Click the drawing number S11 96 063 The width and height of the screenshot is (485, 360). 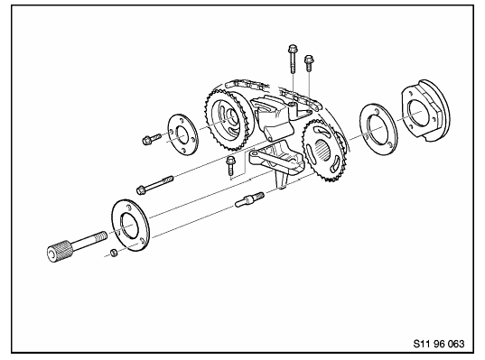439,344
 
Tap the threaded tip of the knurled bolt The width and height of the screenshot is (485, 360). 102,235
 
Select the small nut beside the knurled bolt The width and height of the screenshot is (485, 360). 114,253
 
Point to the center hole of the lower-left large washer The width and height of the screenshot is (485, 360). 130,226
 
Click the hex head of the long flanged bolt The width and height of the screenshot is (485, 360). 140,189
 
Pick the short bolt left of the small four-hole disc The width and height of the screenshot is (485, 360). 152,139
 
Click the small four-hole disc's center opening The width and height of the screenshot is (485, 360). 182,134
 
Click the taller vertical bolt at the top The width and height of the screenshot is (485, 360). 293,59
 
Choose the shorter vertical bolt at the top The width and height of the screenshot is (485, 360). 309,63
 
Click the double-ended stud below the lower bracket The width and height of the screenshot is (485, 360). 249,199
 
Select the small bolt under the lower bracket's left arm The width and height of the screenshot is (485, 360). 230,166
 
